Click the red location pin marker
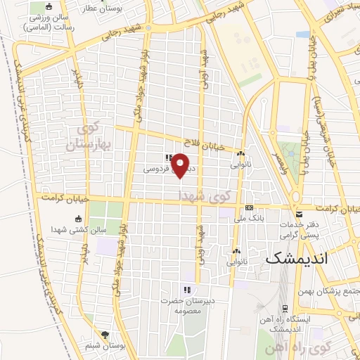[180, 165]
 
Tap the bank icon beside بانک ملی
[249, 207]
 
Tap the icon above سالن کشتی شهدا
[77, 218]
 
